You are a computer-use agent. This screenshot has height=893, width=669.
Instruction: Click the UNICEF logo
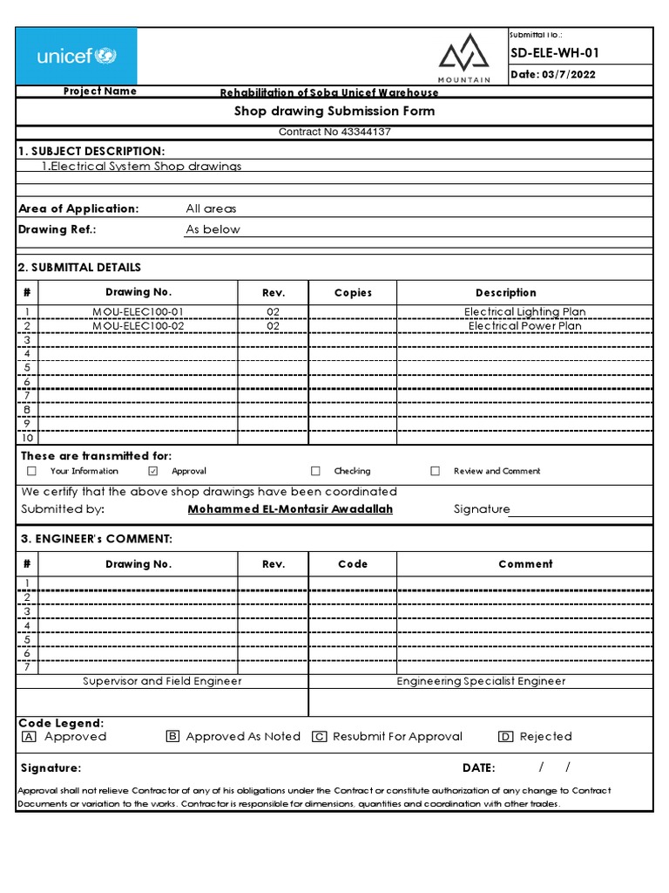click(76, 57)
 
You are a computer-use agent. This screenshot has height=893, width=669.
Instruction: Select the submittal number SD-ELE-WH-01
click(555, 53)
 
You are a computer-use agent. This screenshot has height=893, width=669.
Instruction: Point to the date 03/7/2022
click(553, 75)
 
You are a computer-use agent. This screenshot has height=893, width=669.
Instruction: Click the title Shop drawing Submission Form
click(334, 112)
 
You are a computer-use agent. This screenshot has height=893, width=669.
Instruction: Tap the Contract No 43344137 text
click(334, 133)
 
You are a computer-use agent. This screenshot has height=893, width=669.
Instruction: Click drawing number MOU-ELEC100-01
click(139, 311)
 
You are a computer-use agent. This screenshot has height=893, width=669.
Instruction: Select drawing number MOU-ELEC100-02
click(139, 326)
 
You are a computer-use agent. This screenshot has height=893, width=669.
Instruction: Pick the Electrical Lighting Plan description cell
click(524, 311)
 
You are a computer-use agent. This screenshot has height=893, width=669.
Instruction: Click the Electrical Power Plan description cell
click(524, 326)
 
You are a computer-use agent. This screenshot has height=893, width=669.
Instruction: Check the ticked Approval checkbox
click(153, 471)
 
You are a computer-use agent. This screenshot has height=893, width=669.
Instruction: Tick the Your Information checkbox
click(31, 471)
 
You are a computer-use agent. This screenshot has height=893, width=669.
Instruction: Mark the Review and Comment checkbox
click(435, 471)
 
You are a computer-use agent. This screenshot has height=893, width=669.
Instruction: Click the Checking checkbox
click(316, 471)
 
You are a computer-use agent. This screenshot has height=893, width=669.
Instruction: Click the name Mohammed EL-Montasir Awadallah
click(290, 509)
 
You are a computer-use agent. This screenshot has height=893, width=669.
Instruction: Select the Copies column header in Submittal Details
click(353, 293)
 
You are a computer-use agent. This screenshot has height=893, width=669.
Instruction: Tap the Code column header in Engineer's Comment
click(353, 564)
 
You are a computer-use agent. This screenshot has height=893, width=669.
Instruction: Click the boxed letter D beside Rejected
click(506, 737)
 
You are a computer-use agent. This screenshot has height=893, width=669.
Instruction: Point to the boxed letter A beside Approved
click(30, 737)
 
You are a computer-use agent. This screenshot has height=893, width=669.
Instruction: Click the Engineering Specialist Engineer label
click(481, 681)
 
